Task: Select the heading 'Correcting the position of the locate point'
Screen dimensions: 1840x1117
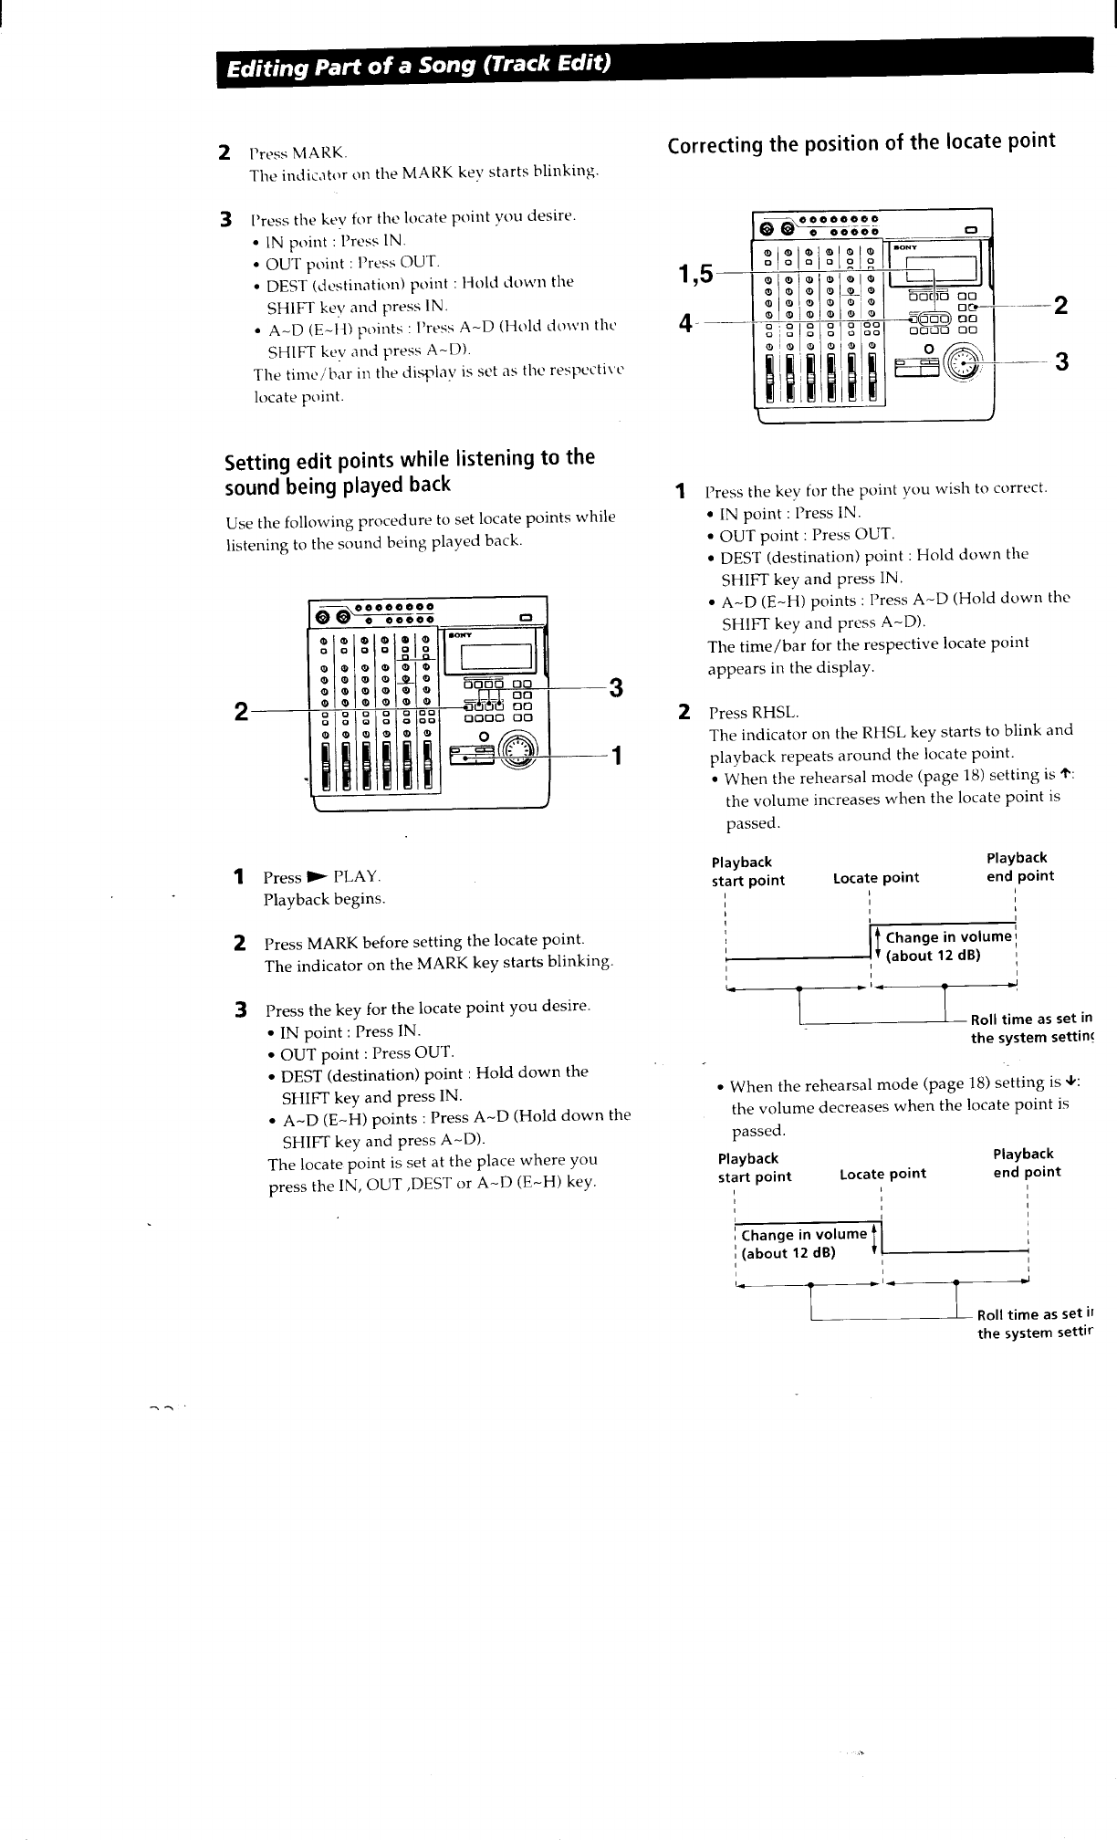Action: tap(861, 143)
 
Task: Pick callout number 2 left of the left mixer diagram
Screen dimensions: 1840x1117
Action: tap(241, 711)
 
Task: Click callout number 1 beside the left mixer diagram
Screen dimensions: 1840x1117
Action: tap(616, 755)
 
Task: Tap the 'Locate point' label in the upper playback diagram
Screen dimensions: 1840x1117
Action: tap(875, 878)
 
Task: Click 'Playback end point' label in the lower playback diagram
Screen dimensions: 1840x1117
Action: tap(1026, 1163)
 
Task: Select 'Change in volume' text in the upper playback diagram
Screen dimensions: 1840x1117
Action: tap(949, 937)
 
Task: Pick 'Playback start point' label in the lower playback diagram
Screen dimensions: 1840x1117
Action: tap(754, 1167)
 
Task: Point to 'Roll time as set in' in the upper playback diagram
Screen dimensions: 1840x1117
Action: tap(1030, 1019)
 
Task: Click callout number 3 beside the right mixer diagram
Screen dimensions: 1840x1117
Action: tap(1061, 362)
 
